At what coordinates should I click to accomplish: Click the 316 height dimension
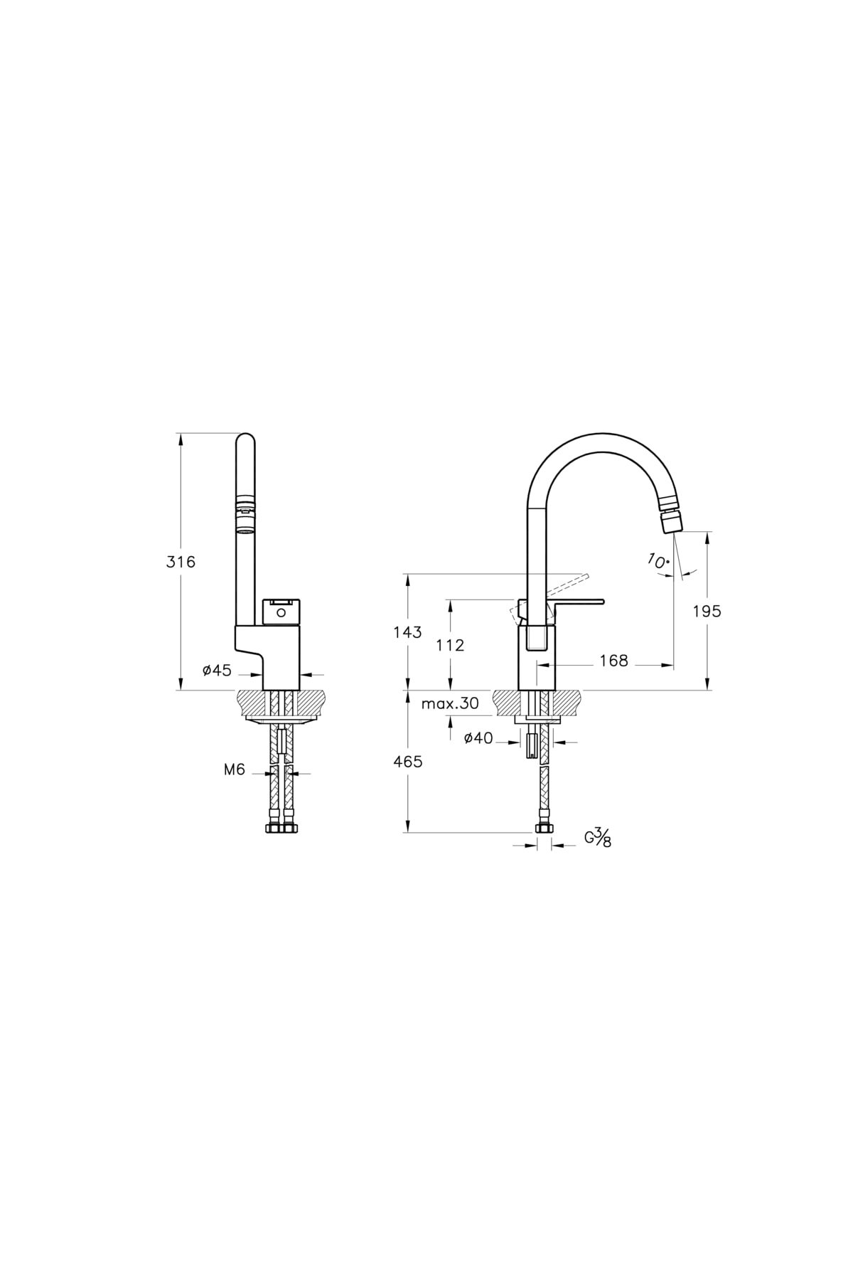coord(181,562)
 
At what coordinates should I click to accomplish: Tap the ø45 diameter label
coord(217,670)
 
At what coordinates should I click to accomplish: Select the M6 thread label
coord(235,769)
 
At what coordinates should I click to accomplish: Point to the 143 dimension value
coord(407,631)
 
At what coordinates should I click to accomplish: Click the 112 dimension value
coord(450,645)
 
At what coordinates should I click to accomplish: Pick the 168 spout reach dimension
coord(613,661)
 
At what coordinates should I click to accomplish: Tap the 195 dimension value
coord(707,611)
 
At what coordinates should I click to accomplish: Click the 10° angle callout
coord(658,560)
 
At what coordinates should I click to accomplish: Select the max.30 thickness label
coord(450,703)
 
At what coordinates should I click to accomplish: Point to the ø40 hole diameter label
coord(478,738)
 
